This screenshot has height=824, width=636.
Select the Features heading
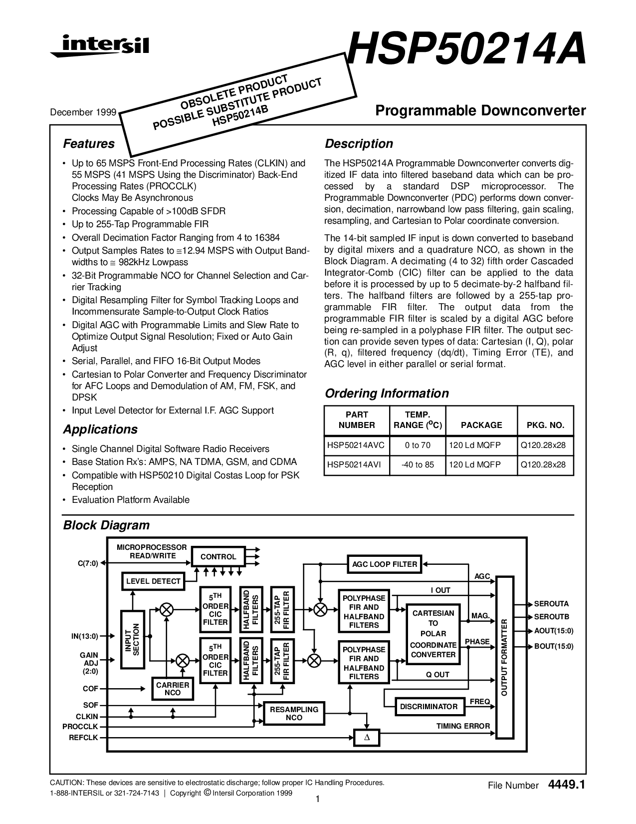point(88,144)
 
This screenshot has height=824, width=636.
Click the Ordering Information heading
point(387,394)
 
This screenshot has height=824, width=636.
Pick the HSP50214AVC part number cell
point(354,445)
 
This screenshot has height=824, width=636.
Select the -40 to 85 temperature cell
point(418,464)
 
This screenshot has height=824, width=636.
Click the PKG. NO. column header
point(545,425)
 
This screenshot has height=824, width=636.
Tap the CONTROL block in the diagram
point(218,557)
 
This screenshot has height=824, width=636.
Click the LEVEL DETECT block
point(153,581)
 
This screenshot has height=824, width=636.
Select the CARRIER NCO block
point(173,689)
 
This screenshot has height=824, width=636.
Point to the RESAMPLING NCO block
point(294,713)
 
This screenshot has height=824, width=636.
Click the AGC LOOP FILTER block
point(384,564)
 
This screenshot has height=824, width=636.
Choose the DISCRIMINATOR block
point(428,707)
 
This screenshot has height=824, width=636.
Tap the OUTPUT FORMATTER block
point(504,657)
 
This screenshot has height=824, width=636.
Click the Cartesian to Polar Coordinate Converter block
point(433,634)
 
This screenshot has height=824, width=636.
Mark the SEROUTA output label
point(551,604)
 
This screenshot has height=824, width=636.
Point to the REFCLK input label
point(84,737)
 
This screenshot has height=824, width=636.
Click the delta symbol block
point(366,738)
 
